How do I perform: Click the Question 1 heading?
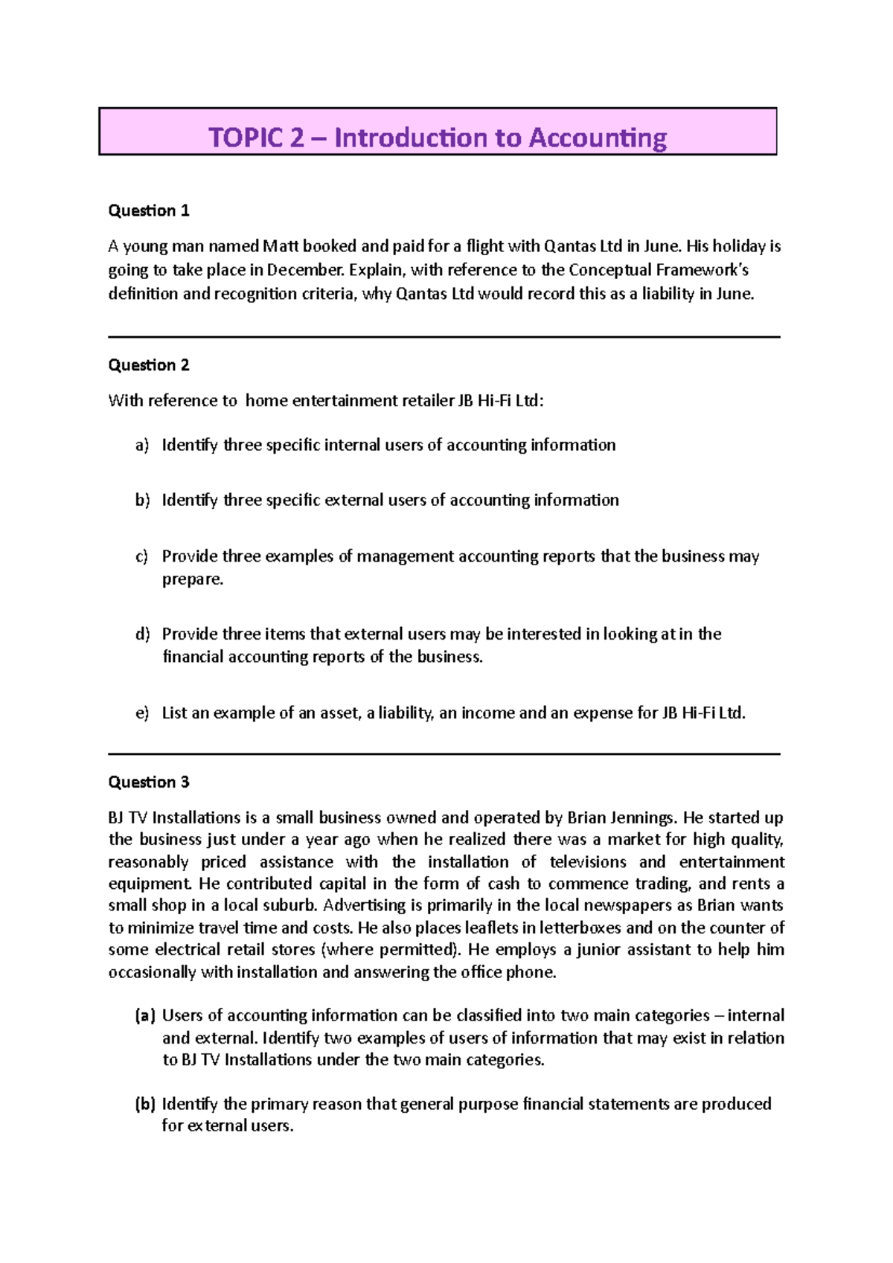point(149,211)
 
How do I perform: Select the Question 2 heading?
point(149,365)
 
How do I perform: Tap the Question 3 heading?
point(149,782)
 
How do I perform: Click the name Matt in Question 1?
point(276,246)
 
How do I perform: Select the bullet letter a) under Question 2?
point(142,446)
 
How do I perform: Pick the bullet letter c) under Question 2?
point(141,556)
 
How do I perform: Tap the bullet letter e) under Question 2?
point(142,713)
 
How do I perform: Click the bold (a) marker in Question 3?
point(144,1016)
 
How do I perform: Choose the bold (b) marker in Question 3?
point(144,1105)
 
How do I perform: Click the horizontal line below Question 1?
point(444,337)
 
